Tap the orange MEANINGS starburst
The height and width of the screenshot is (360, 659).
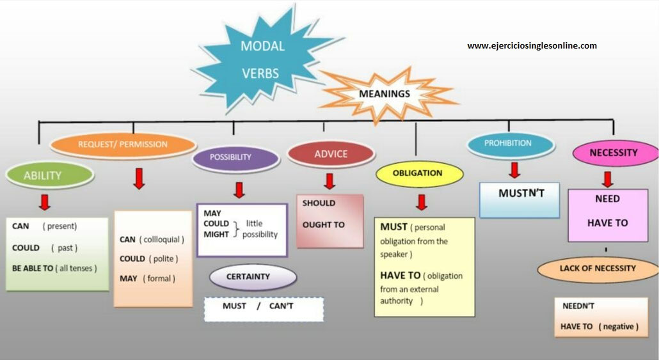click(x=385, y=94)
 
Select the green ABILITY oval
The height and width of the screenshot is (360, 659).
click(x=43, y=175)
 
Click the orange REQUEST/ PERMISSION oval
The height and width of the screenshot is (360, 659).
click(x=123, y=145)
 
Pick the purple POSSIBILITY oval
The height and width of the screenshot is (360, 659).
click(x=231, y=157)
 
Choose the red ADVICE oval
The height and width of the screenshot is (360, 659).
click(x=331, y=154)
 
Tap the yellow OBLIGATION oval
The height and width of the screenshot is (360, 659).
click(x=418, y=173)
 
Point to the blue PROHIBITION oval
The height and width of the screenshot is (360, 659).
click(x=509, y=144)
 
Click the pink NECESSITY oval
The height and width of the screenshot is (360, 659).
click(x=614, y=153)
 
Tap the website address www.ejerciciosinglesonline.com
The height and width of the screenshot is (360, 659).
click(x=532, y=45)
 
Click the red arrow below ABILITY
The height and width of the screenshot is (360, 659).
click(x=45, y=202)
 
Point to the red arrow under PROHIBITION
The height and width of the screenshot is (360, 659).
click(x=514, y=170)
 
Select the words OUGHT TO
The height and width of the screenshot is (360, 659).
click(x=324, y=224)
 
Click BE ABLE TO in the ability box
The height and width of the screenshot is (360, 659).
click(x=33, y=269)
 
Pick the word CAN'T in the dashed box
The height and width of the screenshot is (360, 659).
click(x=282, y=306)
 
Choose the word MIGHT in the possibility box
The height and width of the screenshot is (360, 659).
click(x=216, y=235)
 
